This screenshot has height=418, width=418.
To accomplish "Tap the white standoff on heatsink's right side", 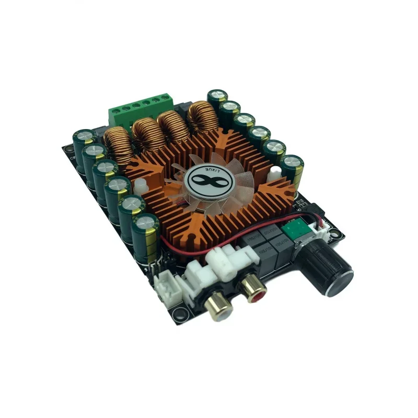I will tap(273, 176).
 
